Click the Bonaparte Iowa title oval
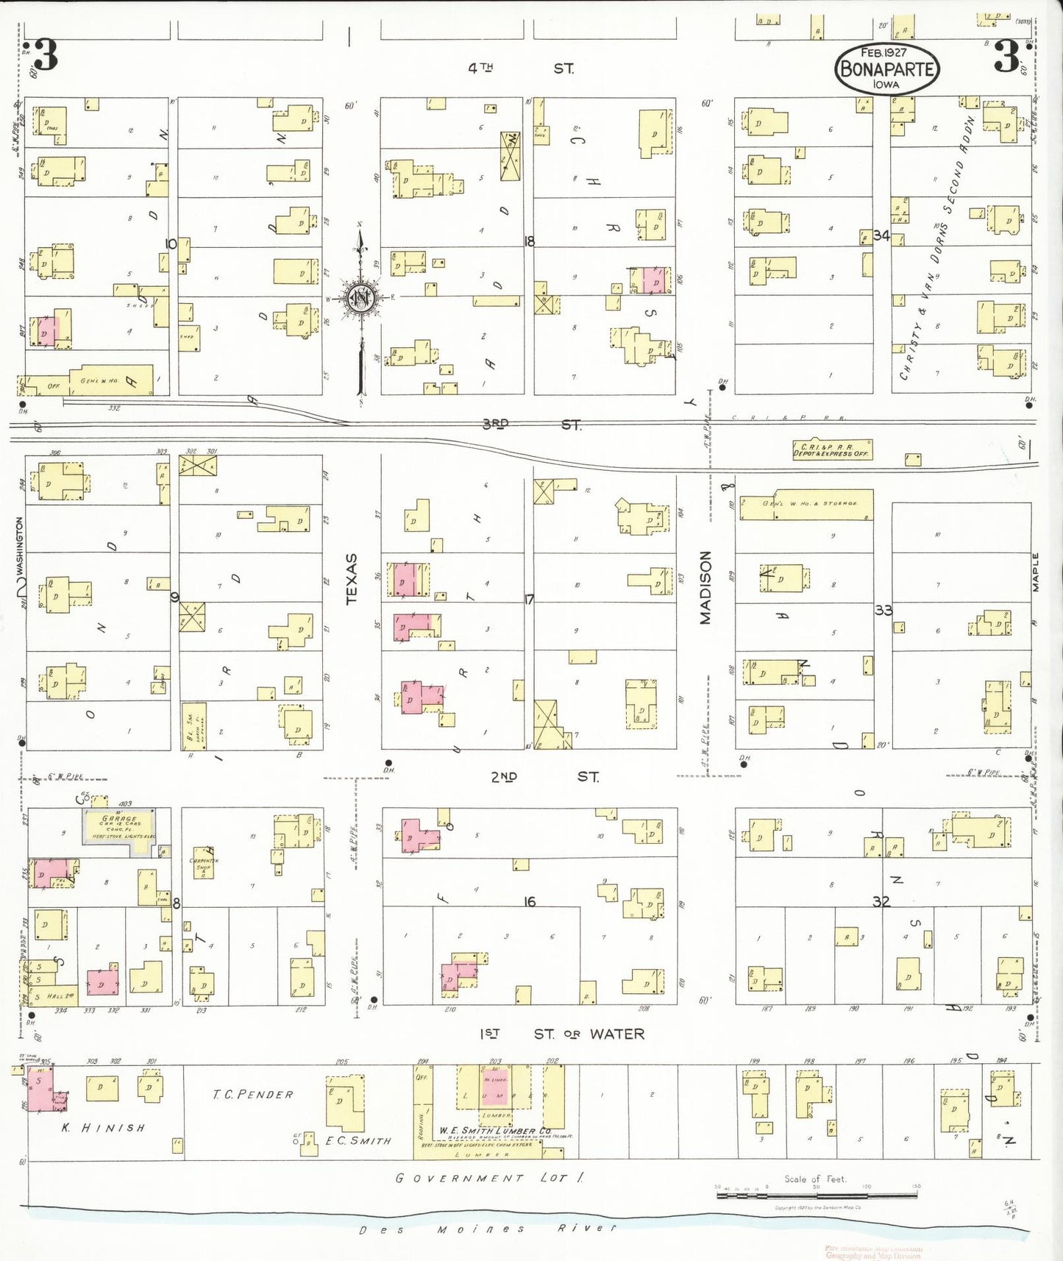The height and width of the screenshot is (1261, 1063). coord(886,69)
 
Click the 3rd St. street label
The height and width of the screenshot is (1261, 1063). coord(531,425)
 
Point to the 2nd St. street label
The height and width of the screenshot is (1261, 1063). coord(545,776)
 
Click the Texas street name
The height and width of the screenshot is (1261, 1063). coord(351,579)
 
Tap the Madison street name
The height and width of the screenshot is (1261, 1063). coord(705,588)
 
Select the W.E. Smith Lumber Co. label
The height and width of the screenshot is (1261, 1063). coord(494,1130)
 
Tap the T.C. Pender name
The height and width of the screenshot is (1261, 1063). coord(252,1095)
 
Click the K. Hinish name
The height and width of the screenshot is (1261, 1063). coord(103,1128)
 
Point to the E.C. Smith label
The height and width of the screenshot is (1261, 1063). coord(358,1140)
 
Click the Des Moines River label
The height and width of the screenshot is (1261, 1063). coord(487,1229)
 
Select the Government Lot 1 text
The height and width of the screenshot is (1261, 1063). coord(489,1178)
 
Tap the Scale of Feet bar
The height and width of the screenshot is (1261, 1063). coord(817,1195)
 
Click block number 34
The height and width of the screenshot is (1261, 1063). coord(881,235)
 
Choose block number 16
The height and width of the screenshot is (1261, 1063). coord(530,901)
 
